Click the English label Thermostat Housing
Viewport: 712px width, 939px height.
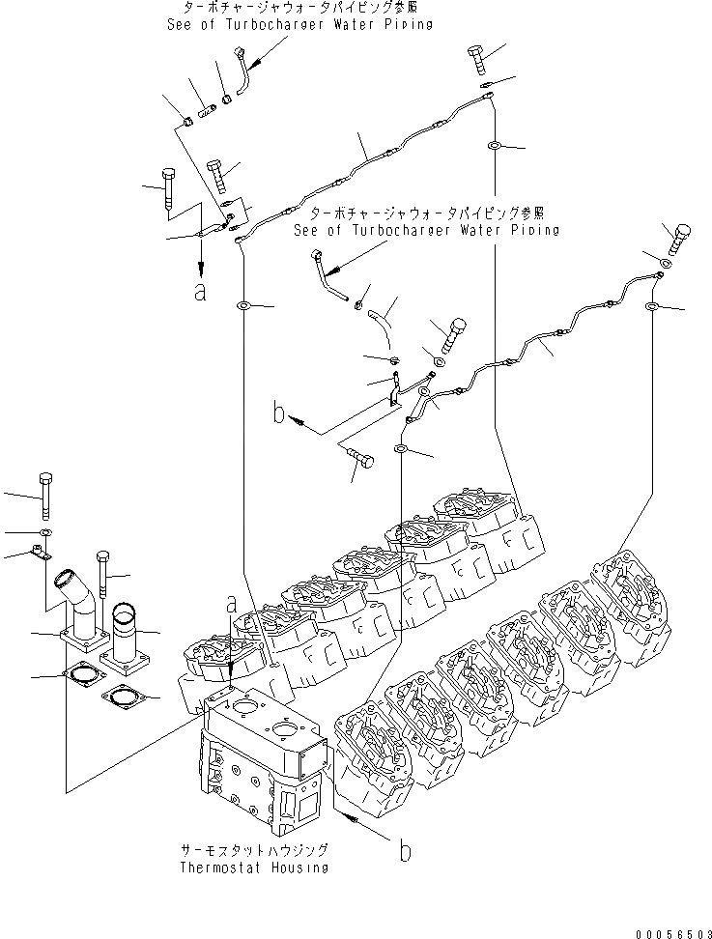pyautogui.click(x=254, y=867)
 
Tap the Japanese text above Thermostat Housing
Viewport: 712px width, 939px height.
pyautogui.click(x=254, y=850)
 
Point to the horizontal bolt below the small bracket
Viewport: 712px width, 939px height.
pyautogui.click(x=359, y=458)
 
